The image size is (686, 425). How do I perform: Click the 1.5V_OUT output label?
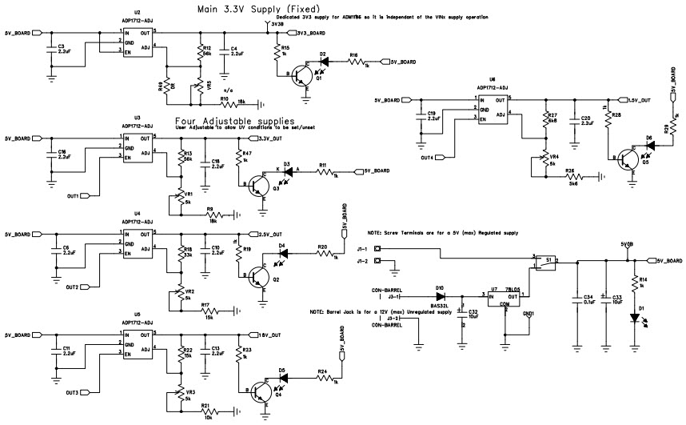tap(637, 100)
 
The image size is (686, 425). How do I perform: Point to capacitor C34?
tap(577, 298)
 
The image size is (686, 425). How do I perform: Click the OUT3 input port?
tap(72, 392)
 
